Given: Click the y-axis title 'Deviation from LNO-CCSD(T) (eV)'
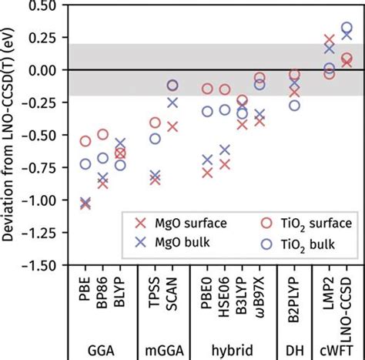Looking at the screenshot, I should pyautogui.click(x=9, y=135).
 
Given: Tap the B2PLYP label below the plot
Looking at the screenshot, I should pyautogui.click(x=294, y=301).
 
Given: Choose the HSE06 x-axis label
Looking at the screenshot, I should pyautogui.click(x=225, y=296).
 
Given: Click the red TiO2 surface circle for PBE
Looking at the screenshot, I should pyautogui.click(x=85, y=141).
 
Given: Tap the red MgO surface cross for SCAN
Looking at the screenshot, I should pyautogui.click(x=172, y=127).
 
